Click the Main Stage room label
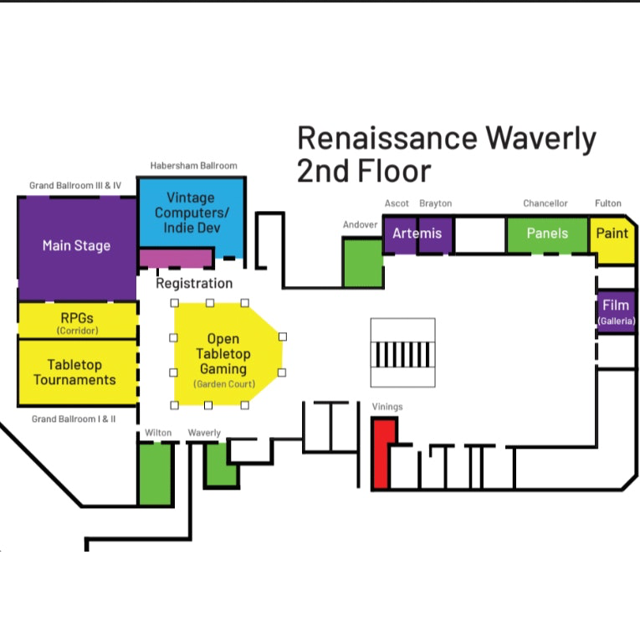(x=76, y=245)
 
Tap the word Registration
(x=194, y=283)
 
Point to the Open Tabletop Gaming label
(x=223, y=354)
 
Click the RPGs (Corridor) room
(x=77, y=321)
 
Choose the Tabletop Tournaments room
(x=77, y=372)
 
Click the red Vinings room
(x=383, y=454)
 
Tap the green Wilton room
(x=156, y=474)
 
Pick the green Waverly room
(x=221, y=465)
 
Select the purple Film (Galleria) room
(x=616, y=312)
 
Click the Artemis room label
(x=417, y=234)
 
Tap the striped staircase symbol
(x=403, y=355)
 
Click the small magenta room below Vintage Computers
(x=176, y=258)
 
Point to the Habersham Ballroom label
(x=193, y=166)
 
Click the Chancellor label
(x=545, y=203)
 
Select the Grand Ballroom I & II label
(x=74, y=419)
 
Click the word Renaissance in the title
(x=387, y=138)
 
